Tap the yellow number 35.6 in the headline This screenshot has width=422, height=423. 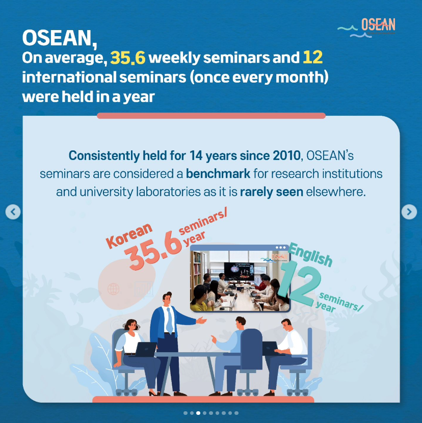(127, 58)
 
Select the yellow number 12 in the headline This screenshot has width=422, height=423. (312, 57)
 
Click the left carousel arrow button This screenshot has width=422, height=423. (13, 212)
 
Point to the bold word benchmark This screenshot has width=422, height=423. (218, 174)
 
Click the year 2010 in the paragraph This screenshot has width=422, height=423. (286, 155)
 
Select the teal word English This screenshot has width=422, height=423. (310, 255)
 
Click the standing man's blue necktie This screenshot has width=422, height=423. (169, 321)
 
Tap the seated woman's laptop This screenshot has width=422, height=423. (145, 349)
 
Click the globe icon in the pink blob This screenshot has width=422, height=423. (113, 289)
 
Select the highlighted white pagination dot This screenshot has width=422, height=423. (198, 413)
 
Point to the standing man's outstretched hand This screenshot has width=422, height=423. (201, 320)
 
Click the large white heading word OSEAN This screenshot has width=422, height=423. (59, 38)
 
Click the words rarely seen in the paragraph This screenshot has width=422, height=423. (272, 192)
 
